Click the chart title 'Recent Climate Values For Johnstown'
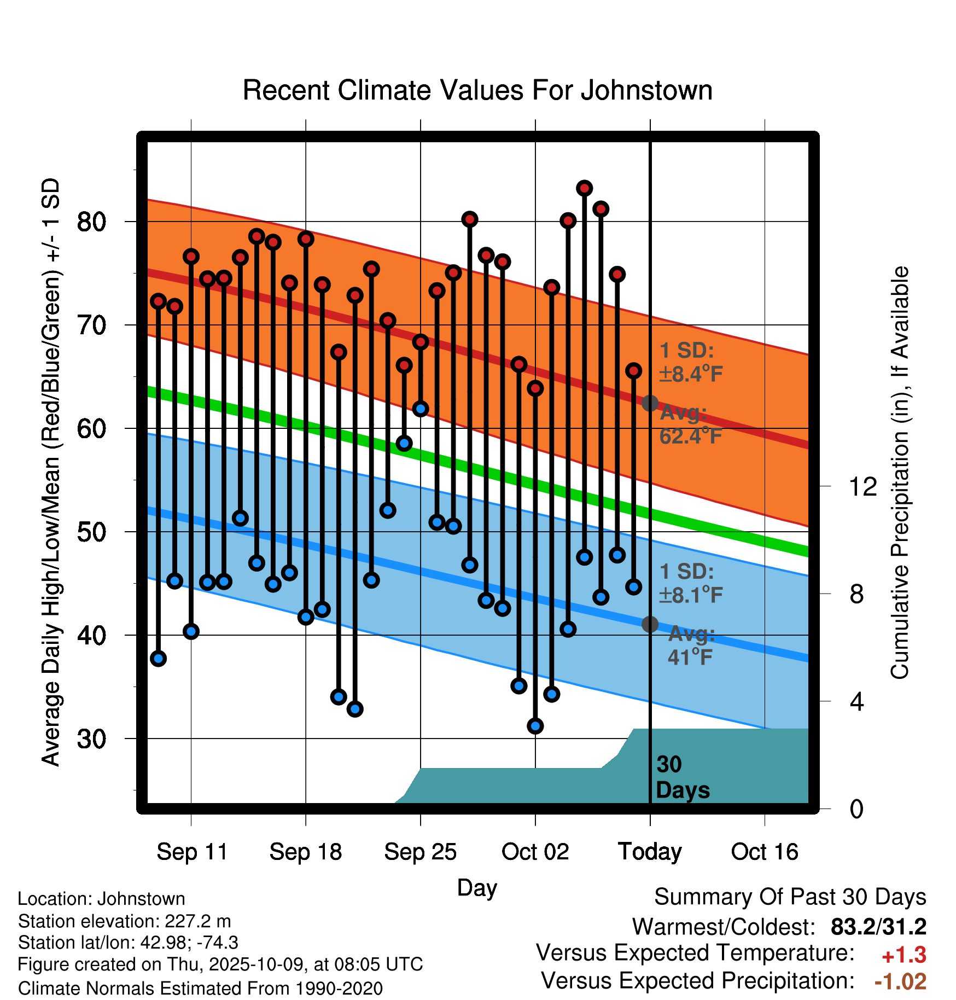pos(477,90)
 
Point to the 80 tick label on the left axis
pos(91,222)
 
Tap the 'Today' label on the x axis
pos(650,852)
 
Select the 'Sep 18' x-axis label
pos(305,852)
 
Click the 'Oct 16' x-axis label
pos(765,852)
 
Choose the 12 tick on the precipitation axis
pos(862,486)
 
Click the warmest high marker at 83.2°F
pos(585,188)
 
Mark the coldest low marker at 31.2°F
pos(535,726)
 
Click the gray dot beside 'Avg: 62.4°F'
pos(650,403)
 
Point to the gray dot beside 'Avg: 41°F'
pos(650,624)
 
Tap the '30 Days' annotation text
pos(682,777)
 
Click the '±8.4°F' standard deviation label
pos(691,374)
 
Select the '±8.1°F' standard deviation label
pos(691,595)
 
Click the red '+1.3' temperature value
pos(903,955)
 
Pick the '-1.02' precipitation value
pos(900,981)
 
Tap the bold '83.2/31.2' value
pos(878,927)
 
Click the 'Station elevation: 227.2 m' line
pos(124,921)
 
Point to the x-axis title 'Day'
pos(477,887)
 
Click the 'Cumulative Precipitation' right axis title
pos(899,473)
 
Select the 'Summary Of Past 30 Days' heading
pos(790,897)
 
